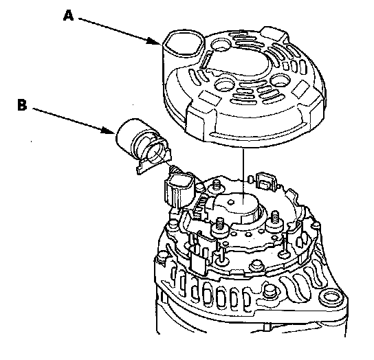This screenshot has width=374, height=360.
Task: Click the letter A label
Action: tap(68, 16)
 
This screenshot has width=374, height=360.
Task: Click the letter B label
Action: tap(22, 105)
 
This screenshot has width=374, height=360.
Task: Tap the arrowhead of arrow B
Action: tap(108, 131)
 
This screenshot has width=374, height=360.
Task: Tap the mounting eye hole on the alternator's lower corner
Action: tap(331, 297)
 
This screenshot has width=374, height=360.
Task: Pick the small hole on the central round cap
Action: tap(231, 203)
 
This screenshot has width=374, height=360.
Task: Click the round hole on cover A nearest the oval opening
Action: tap(220, 45)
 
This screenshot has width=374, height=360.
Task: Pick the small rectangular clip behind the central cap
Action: tap(265, 181)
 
